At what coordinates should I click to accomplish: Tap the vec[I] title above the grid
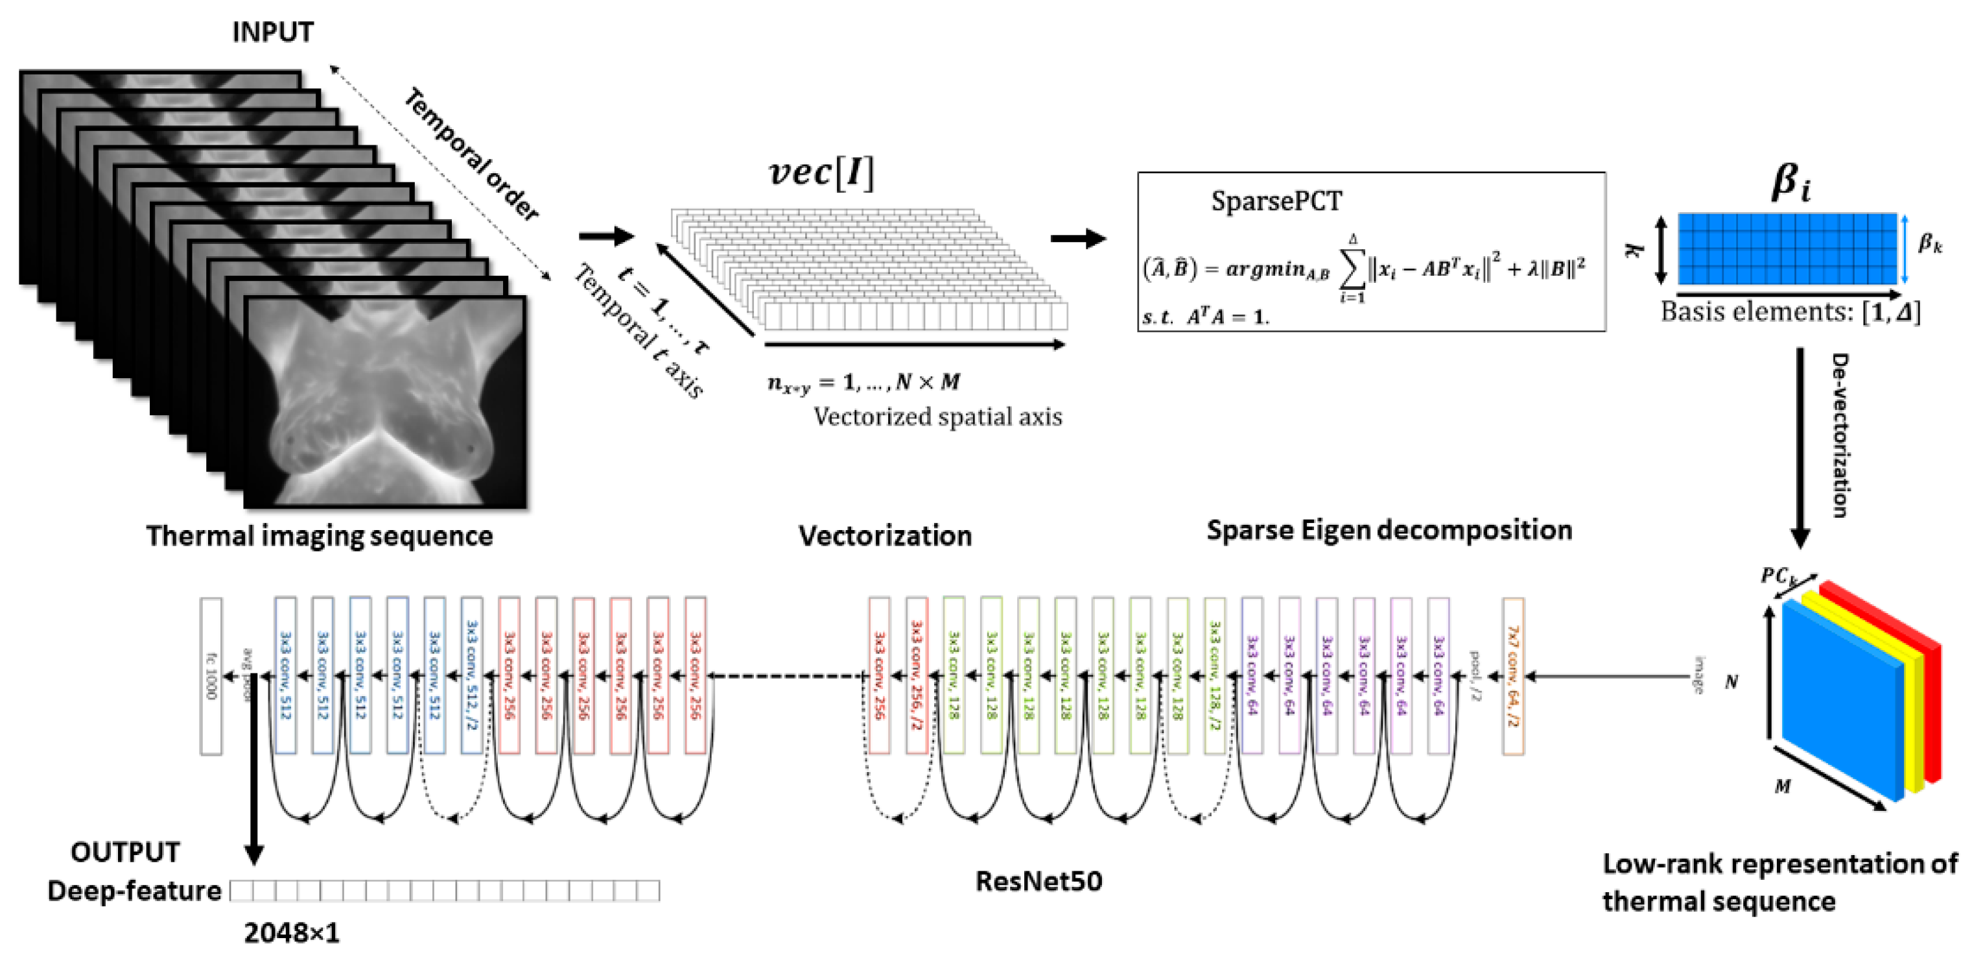click(x=821, y=172)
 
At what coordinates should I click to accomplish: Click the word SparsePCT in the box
click(x=1276, y=202)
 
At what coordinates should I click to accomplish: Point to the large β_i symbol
click(x=1790, y=184)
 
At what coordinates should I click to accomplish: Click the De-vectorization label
click(x=1840, y=435)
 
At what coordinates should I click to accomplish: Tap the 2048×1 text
click(x=291, y=933)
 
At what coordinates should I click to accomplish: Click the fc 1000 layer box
click(x=211, y=676)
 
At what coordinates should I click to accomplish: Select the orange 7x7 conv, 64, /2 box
click(x=1512, y=676)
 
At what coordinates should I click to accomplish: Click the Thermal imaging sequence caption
click(x=320, y=535)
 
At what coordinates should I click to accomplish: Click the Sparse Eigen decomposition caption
click(x=1389, y=530)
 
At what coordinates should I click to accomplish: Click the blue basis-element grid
click(x=1787, y=248)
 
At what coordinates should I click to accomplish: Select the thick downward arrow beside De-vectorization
click(x=1800, y=447)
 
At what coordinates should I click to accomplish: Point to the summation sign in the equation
click(x=1352, y=268)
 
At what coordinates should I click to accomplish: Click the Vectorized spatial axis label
click(x=937, y=417)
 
